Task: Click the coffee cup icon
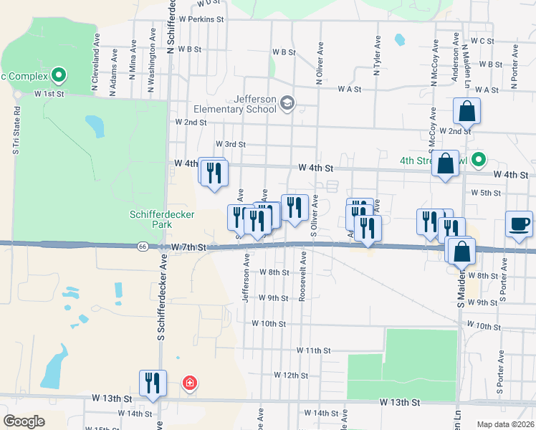tap(520, 224)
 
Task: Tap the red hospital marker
tap(189, 383)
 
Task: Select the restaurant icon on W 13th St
tap(153, 383)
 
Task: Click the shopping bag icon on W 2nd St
tap(466, 111)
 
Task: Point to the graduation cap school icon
tap(288, 104)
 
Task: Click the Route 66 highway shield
tap(142, 247)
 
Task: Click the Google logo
tap(24, 421)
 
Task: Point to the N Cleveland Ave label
tap(95, 69)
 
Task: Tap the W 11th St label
tap(313, 350)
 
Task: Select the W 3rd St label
tap(230, 144)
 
